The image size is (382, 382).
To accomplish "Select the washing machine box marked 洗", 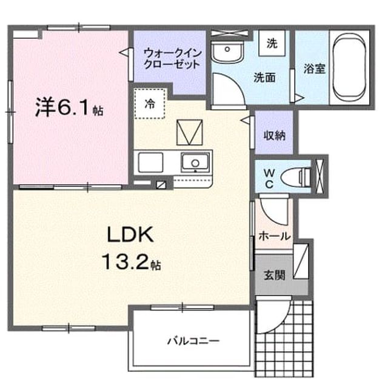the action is [x=272, y=44].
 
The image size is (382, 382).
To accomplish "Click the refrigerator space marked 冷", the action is [x=150, y=104].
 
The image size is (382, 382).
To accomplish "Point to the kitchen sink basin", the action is [x=195, y=163].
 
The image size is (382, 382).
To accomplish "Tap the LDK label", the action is [x=130, y=235].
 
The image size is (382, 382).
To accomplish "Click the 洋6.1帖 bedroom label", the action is [x=69, y=107].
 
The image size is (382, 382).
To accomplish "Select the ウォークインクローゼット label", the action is [x=172, y=59].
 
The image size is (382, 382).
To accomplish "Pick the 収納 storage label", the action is [x=275, y=135].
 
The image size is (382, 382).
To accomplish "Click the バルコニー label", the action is [x=193, y=341].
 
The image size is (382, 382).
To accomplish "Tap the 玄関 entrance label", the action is [x=275, y=275].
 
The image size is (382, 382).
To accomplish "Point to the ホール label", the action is [x=275, y=236].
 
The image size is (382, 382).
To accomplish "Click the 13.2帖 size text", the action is [x=132, y=261].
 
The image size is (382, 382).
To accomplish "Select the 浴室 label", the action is [x=314, y=69].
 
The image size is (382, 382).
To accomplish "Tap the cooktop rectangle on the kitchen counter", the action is [x=150, y=163].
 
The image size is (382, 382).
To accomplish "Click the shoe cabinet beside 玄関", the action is [x=301, y=261].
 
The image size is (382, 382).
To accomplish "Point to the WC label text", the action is [x=269, y=179].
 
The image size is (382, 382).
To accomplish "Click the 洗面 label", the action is [x=264, y=78].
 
